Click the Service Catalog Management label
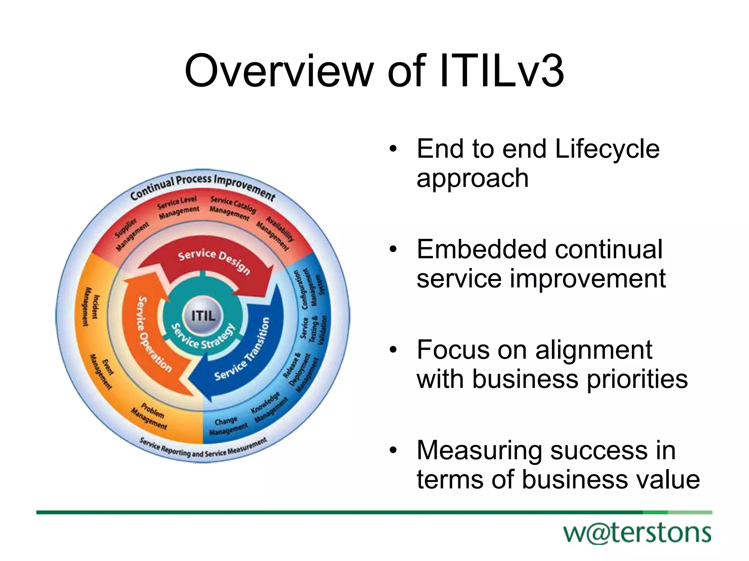(232, 209)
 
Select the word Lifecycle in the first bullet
(607, 149)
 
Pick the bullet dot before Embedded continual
(393, 250)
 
